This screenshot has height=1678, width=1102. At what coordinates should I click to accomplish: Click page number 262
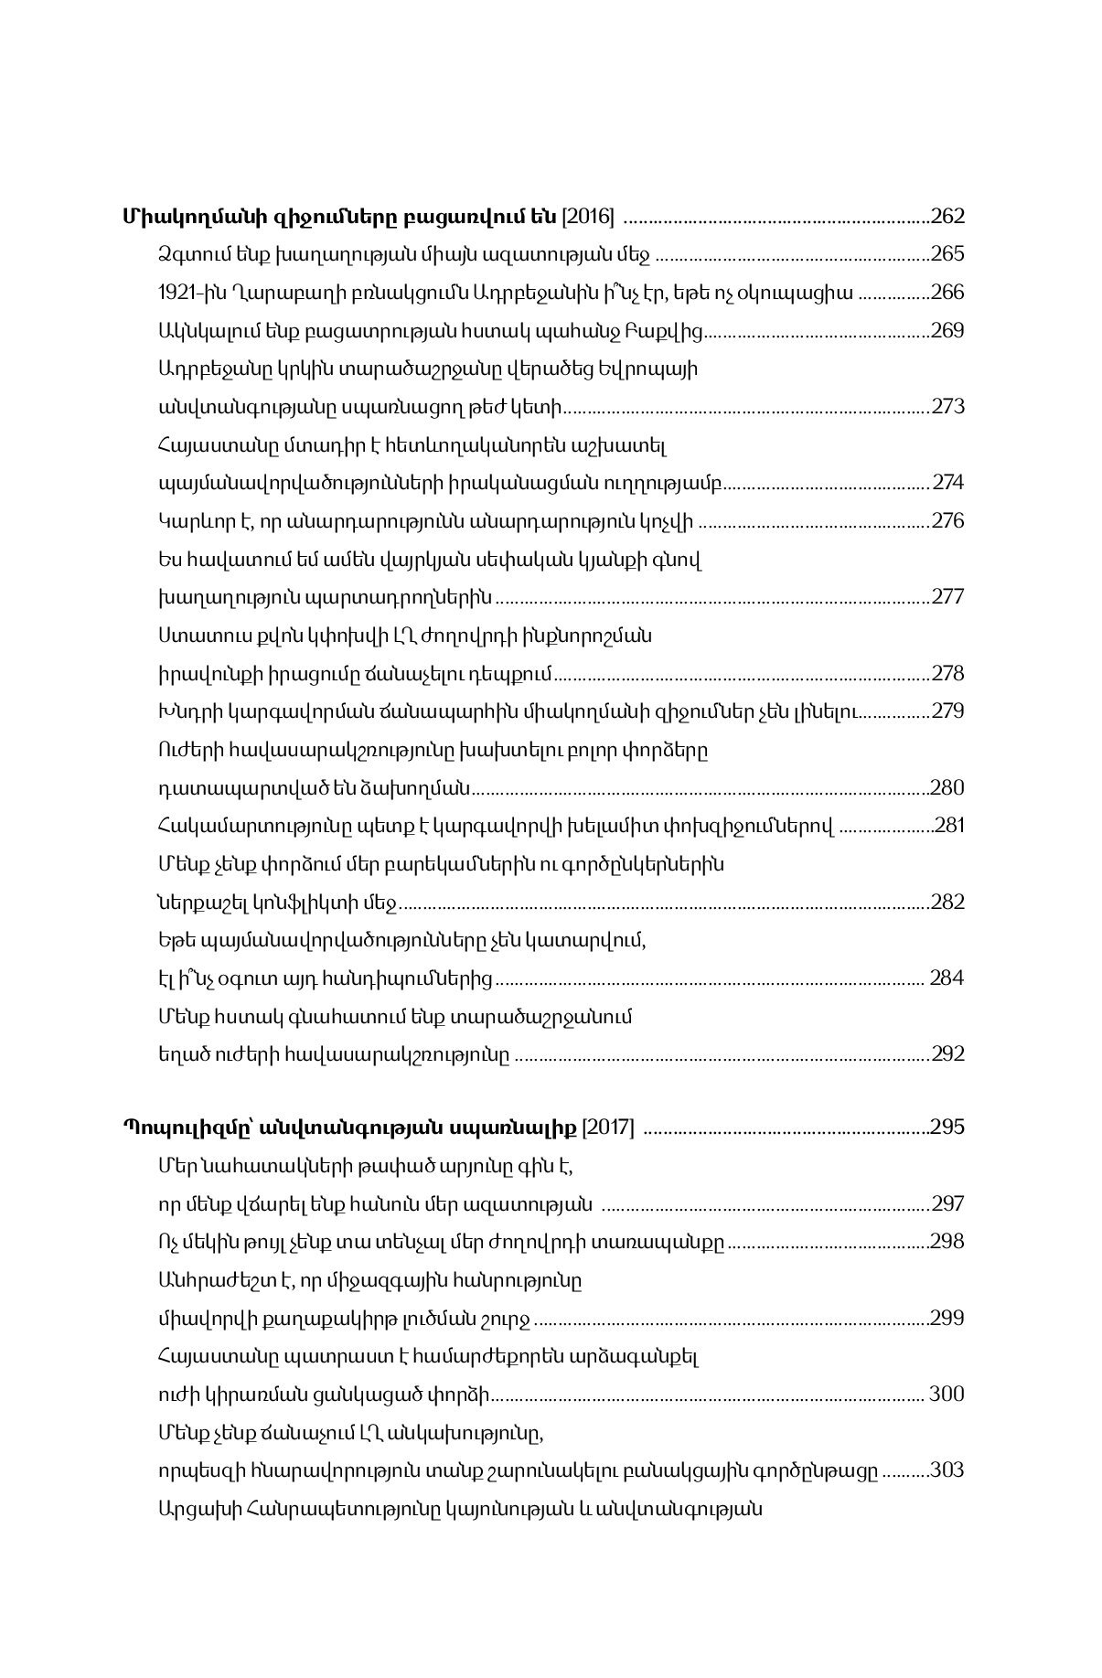click(x=947, y=217)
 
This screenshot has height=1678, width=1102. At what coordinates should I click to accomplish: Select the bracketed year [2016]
click(x=587, y=217)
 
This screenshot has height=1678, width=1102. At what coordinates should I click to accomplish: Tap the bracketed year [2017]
click(x=608, y=1126)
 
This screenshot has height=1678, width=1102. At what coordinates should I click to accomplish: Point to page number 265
click(x=947, y=254)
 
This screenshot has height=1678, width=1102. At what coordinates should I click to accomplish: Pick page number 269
click(x=947, y=330)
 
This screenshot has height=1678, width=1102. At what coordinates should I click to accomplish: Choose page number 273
click(x=947, y=406)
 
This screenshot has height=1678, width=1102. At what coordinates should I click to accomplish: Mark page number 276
click(x=947, y=520)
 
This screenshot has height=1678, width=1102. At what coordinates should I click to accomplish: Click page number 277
click(x=947, y=597)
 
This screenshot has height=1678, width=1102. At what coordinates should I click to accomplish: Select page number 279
click(x=947, y=711)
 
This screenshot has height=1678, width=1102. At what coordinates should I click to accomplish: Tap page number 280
click(x=947, y=787)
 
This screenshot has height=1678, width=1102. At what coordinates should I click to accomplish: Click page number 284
click(x=947, y=978)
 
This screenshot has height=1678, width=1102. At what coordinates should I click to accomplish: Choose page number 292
click(x=947, y=1053)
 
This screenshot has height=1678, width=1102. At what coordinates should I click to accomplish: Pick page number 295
click(x=947, y=1126)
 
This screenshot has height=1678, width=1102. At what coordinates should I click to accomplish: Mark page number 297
click(x=947, y=1203)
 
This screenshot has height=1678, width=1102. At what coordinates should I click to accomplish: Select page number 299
click(x=947, y=1318)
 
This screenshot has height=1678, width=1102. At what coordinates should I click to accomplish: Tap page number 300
click(x=947, y=1394)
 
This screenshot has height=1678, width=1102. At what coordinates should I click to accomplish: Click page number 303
click(x=947, y=1470)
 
